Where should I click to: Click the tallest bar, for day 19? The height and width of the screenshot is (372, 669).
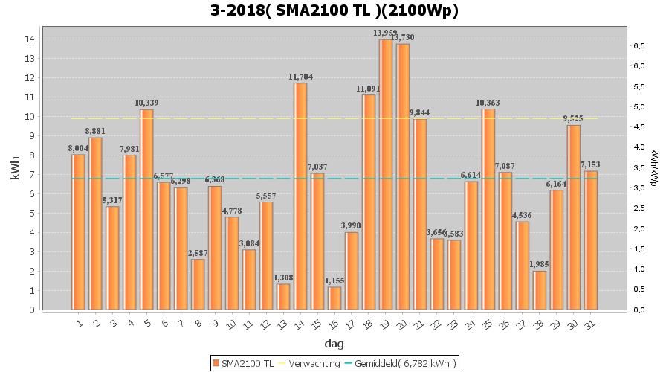click(x=386, y=175)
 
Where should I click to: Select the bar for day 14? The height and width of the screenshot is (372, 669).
click(x=300, y=196)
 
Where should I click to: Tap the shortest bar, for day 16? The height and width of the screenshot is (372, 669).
click(x=334, y=298)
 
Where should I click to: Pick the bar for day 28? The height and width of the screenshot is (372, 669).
click(x=540, y=290)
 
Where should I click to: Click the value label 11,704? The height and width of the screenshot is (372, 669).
click(x=300, y=77)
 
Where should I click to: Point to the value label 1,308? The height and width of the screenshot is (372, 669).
click(x=283, y=278)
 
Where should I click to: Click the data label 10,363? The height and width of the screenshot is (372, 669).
click(x=488, y=103)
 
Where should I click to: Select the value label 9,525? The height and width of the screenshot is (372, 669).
click(x=573, y=119)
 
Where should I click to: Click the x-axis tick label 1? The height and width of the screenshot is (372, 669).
click(x=79, y=323)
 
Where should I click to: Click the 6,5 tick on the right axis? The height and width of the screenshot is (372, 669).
click(x=638, y=46)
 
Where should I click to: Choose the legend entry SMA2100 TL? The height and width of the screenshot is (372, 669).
click(x=243, y=363)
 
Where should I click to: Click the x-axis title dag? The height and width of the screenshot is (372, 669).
click(x=334, y=344)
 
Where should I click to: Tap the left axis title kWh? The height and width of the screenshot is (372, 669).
click(x=15, y=171)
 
